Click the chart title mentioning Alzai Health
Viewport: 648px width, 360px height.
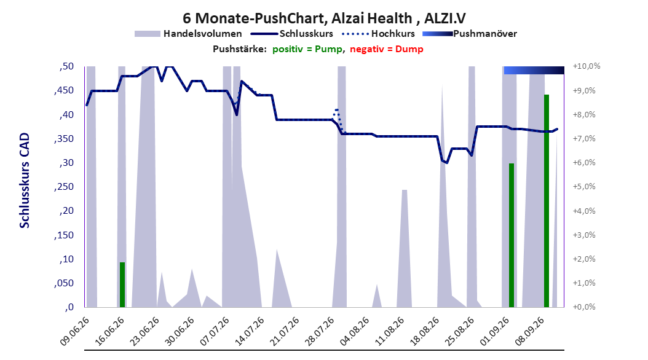click(x=324, y=18)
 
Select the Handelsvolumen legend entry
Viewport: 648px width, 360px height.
click(x=188, y=34)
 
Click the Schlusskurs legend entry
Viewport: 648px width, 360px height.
click(x=292, y=34)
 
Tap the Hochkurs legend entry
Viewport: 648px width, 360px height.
click(x=378, y=34)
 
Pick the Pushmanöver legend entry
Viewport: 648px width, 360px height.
click(x=470, y=34)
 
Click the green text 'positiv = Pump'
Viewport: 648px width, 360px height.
click(x=307, y=49)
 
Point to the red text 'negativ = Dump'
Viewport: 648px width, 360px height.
click(x=387, y=49)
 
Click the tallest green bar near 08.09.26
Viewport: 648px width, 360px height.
click(x=547, y=201)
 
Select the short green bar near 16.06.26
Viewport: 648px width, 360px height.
click(x=122, y=284)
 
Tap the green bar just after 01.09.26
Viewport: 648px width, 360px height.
click(x=512, y=235)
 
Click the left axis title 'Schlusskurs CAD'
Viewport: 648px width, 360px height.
click(x=25, y=181)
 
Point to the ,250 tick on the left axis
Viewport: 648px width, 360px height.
click(x=64, y=187)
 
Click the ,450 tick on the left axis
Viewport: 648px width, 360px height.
click(x=64, y=90)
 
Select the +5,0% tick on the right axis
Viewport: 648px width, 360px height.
click(x=584, y=187)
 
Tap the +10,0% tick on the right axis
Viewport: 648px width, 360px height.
click(x=587, y=66)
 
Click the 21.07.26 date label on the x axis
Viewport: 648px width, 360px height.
click(x=284, y=332)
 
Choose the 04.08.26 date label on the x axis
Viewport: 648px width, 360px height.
click(x=354, y=332)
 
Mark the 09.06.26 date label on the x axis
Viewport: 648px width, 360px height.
click(x=74, y=332)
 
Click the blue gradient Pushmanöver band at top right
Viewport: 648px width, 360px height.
click(x=534, y=70)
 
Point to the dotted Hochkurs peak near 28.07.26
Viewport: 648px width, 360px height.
click(x=337, y=110)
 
